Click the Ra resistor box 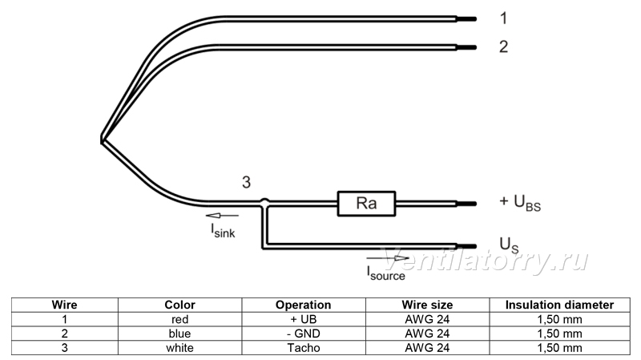click(366, 204)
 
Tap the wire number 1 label click(504, 18)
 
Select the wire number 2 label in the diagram click(504, 47)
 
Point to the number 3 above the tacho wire click(246, 182)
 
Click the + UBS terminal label click(520, 203)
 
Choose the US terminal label click(509, 245)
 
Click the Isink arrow click(222, 216)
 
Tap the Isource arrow click(388, 258)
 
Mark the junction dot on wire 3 click(265, 202)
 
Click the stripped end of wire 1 click(466, 18)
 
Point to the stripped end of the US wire click(466, 246)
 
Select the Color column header click(179, 305)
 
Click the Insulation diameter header click(559, 305)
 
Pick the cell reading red click(179, 319)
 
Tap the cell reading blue click(179, 334)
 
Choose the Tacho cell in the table click(304, 348)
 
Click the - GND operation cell click(304, 334)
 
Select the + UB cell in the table click(304, 319)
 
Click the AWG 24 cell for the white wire click(427, 348)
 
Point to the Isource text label click(386, 273)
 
